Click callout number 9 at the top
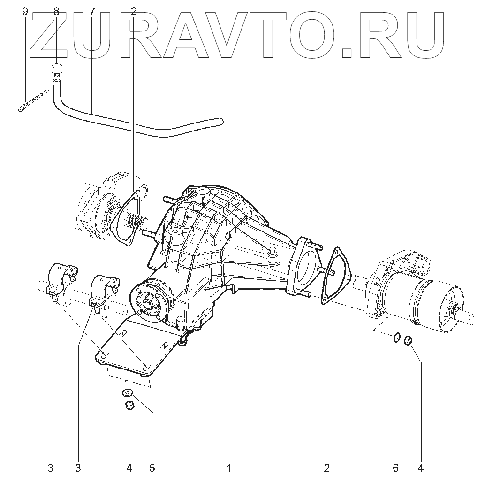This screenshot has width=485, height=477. click(x=25, y=12)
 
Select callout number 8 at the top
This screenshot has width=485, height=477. click(x=56, y=12)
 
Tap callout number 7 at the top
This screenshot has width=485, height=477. click(x=92, y=12)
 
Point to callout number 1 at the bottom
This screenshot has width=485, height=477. click(x=229, y=468)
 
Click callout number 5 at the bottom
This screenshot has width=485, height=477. click(x=152, y=468)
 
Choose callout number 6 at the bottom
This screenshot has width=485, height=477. click(x=396, y=468)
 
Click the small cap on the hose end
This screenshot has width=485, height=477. click(x=57, y=69)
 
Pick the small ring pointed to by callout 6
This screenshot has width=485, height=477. click(x=396, y=338)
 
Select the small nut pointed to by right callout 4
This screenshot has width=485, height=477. click(x=408, y=339)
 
